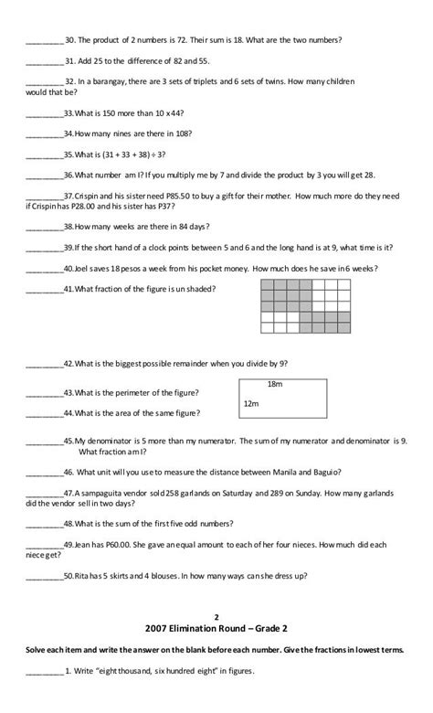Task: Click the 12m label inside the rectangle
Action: (x=250, y=403)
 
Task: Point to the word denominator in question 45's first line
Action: (x=104, y=441)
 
